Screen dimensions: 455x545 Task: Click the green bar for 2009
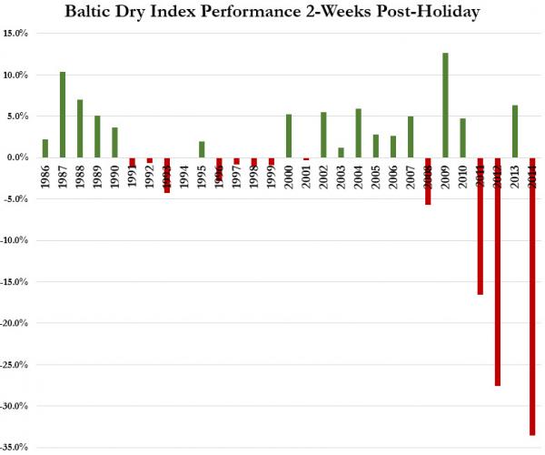(x=445, y=105)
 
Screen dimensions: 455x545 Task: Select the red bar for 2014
(x=531, y=296)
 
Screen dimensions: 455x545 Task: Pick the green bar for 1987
(x=63, y=114)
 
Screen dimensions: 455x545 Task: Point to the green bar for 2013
(x=514, y=131)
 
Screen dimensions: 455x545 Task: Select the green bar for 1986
(x=45, y=148)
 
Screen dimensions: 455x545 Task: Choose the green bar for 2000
(x=289, y=136)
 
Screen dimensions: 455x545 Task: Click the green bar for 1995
(x=202, y=149)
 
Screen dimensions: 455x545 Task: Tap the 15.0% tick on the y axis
(x=15, y=34)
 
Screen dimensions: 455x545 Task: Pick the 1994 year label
(x=184, y=175)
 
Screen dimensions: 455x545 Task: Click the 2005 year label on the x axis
(x=375, y=175)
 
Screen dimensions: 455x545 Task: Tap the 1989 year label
(x=97, y=175)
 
